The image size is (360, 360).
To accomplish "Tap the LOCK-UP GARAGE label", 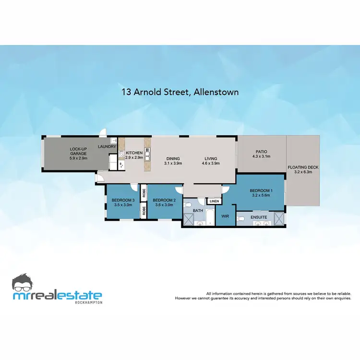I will click(x=78, y=150).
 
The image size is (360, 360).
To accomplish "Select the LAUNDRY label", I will click(x=107, y=147).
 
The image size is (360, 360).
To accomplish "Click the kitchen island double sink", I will click(x=147, y=155).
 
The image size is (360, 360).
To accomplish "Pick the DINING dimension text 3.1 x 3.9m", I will click(x=173, y=163).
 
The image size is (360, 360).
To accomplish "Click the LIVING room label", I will click(x=211, y=158).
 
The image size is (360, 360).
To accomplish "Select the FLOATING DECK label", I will click(x=302, y=167).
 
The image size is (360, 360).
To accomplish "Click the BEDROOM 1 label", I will click(x=261, y=191).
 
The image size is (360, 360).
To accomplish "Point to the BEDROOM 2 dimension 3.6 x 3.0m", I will click(x=164, y=205).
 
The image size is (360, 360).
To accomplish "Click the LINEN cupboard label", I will click(x=214, y=201).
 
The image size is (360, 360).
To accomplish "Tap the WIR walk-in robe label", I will click(x=225, y=216).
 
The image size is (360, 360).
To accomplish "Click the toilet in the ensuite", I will click(x=243, y=219).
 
